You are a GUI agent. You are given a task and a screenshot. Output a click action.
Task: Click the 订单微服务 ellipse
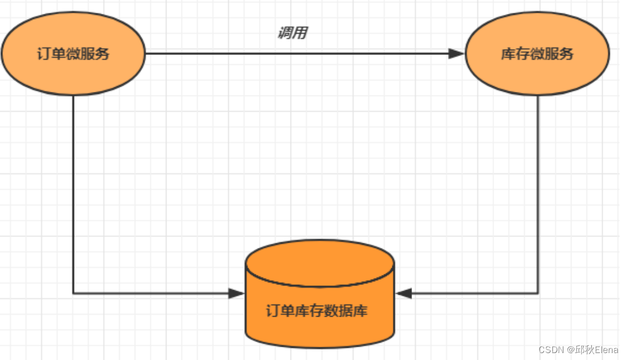point(73,54)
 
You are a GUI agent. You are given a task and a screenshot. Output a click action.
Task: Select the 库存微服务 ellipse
point(537,54)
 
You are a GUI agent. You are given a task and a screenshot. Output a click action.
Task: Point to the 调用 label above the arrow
point(292,33)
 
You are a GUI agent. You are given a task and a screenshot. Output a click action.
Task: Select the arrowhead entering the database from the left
point(237,294)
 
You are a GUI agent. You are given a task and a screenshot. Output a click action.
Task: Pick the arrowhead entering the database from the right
point(403,294)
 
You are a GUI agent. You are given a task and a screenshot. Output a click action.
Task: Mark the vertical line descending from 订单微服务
point(73,191)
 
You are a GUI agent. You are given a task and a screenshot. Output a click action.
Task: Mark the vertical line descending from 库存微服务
point(538,191)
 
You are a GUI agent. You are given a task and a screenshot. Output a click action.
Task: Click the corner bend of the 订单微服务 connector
point(73,294)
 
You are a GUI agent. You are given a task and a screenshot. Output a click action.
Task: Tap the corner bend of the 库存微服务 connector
point(538,294)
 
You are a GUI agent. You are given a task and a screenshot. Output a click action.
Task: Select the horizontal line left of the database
point(150,294)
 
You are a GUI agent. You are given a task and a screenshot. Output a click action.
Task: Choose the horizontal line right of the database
point(474,294)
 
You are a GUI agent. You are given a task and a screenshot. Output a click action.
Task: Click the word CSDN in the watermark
point(551,350)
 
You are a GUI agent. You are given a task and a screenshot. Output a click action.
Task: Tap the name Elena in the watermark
point(607,350)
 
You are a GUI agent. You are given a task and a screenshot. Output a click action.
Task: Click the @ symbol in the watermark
point(570,350)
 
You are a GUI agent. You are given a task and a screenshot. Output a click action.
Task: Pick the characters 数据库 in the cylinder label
point(352,311)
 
